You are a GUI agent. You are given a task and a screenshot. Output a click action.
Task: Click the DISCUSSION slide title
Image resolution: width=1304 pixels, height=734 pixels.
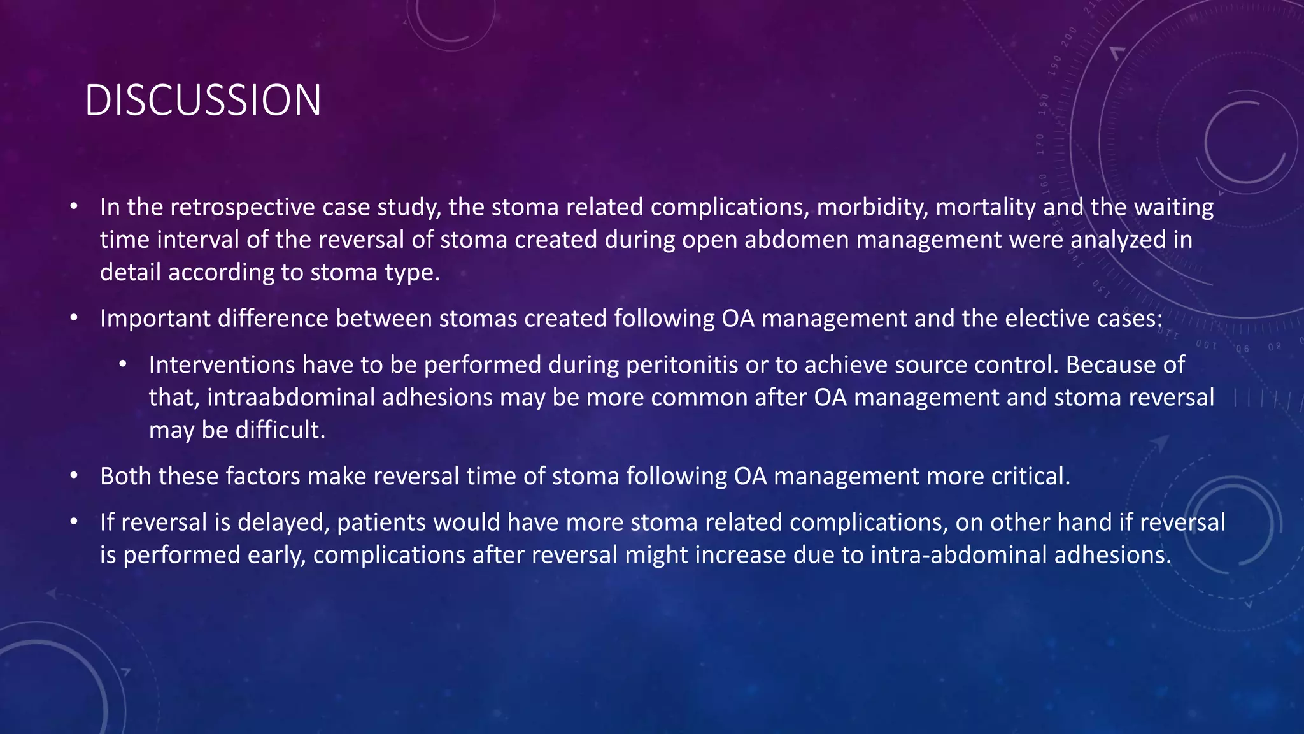click(x=202, y=101)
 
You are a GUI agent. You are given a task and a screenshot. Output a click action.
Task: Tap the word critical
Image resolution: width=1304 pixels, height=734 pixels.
click(x=1030, y=477)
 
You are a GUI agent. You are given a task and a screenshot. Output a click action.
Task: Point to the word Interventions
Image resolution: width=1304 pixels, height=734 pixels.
click(x=222, y=365)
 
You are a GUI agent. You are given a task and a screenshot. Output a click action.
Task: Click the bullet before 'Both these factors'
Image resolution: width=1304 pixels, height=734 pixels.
click(x=74, y=475)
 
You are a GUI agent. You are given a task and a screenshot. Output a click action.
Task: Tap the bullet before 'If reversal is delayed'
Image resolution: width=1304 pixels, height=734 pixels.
click(x=74, y=522)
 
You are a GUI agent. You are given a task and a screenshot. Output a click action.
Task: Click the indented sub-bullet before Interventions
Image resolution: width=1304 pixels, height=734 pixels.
click(x=123, y=364)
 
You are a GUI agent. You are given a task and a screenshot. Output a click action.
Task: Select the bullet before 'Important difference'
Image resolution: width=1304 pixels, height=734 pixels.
click(x=74, y=318)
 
